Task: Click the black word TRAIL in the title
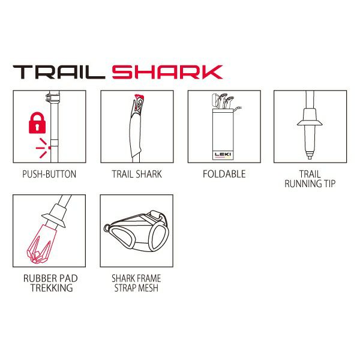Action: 59,72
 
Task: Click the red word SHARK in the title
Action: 167,72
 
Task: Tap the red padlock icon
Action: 37,123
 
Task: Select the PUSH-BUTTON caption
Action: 49,174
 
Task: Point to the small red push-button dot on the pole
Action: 49,148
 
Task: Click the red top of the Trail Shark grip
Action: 139,97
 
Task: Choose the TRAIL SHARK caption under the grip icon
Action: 137,174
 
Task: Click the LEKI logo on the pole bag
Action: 223,154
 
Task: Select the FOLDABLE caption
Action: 224,174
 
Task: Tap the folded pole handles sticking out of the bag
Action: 223,101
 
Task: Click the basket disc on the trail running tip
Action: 310,123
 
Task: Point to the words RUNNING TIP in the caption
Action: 310,184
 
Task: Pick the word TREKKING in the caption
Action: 52,288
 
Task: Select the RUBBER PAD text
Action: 50,278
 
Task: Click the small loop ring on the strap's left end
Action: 106,228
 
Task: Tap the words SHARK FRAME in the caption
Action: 136,278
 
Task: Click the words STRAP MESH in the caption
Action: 136,288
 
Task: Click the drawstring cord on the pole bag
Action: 238,109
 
